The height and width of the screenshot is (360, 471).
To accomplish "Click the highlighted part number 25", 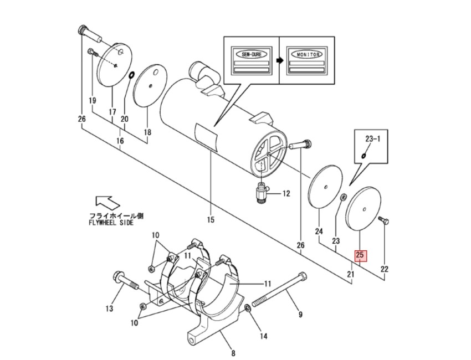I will coord(360,255).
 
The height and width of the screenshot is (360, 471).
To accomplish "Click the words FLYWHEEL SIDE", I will coord(111,223).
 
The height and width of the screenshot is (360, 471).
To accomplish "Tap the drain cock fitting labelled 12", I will coord(260,194).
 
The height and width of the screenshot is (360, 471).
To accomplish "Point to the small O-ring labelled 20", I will coord(132,75).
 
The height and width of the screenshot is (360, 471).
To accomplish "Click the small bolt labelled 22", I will coord(382,221).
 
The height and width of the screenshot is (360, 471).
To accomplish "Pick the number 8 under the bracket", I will coord(233,353).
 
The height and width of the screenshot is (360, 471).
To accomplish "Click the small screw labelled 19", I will coord(92,53).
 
